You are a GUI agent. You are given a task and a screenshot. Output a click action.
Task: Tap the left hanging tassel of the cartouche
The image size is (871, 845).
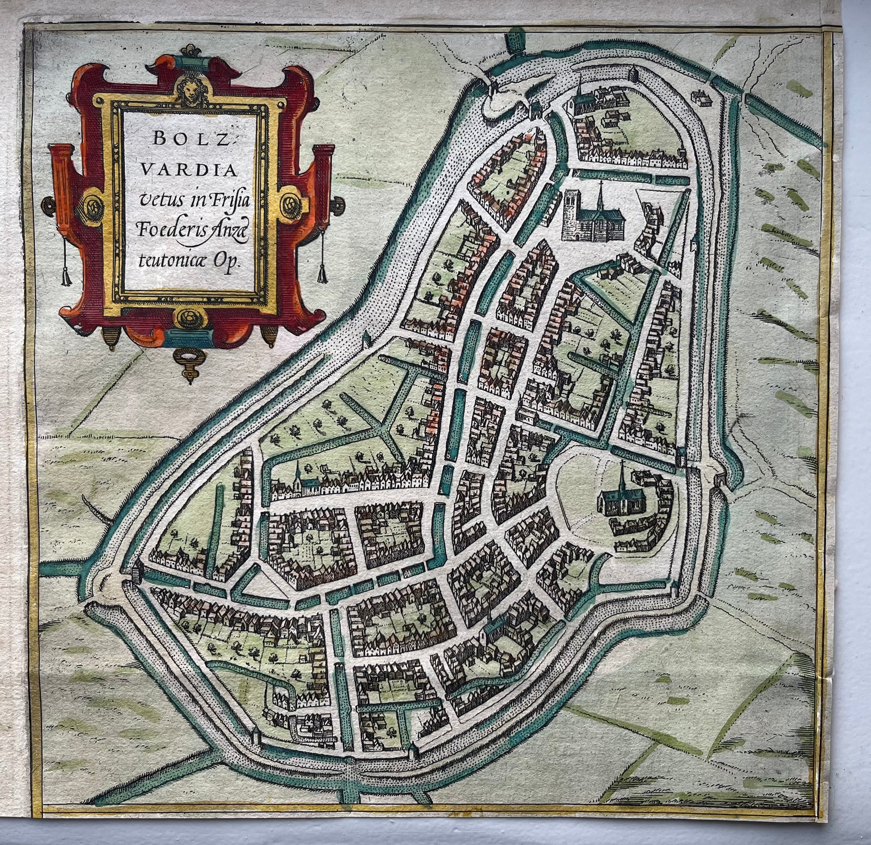[x=67, y=278]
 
